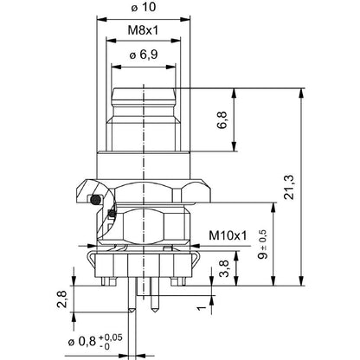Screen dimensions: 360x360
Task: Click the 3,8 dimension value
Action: [x=222, y=269]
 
